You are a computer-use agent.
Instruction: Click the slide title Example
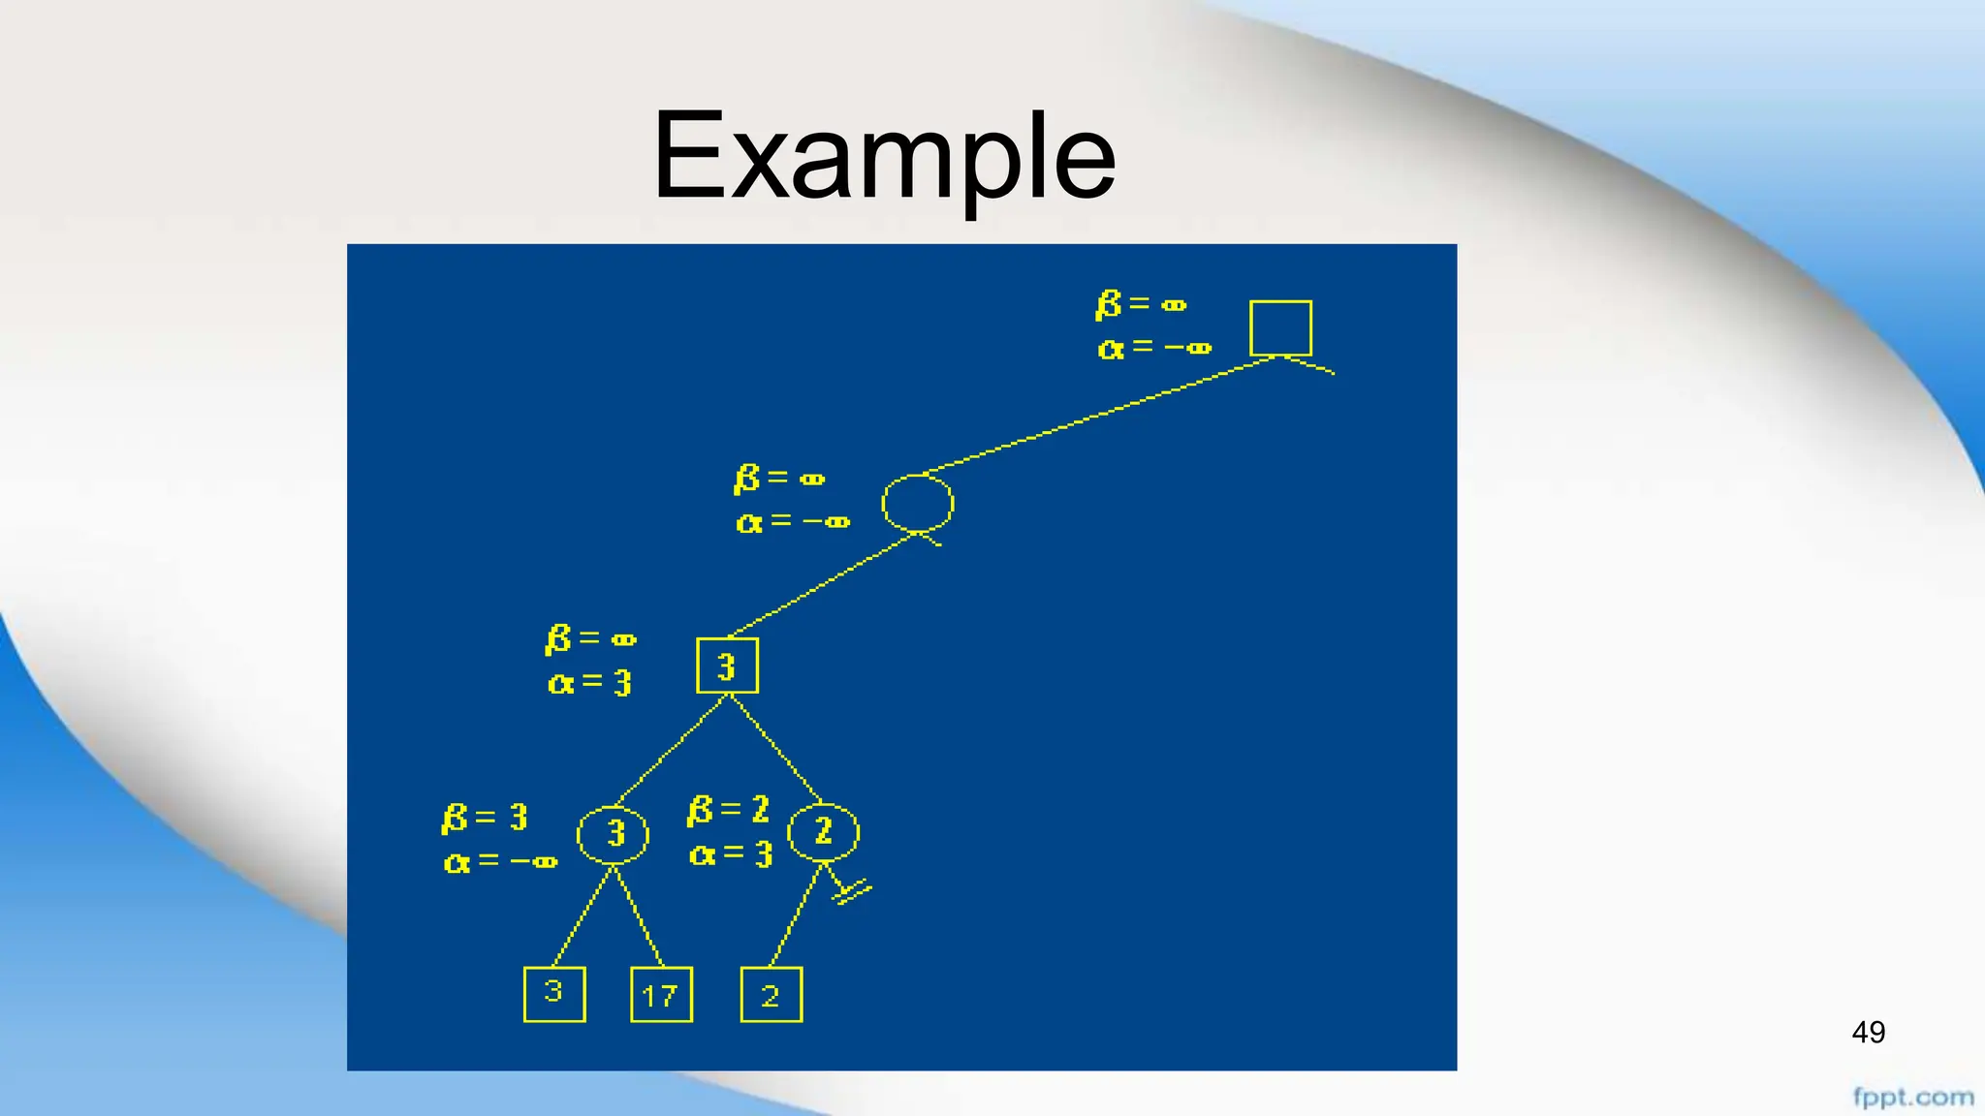click(884, 157)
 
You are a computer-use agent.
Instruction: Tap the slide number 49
click(1868, 1032)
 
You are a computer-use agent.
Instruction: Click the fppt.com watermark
click(1912, 1098)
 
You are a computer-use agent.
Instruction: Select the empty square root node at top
click(1280, 328)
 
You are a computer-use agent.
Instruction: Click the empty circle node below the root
click(917, 504)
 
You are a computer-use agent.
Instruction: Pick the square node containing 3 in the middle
click(727, 666)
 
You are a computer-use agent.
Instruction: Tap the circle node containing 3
click(613, 834)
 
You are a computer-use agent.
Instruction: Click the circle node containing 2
click(823, 831)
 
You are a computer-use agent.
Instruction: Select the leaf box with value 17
click(661, 994)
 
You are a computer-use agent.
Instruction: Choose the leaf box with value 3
click(554, 994)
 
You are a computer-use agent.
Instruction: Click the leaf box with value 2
click(771, 994)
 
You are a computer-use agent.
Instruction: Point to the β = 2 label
click(728, 810)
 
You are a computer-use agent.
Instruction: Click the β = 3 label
click(485, 819)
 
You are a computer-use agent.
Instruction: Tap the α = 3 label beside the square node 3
click(589, 683)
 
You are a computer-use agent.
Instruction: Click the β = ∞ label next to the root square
click(1141, 305)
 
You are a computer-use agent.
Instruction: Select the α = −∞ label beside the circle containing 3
click(500, 861)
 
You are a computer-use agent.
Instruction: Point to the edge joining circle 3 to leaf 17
click(640, 917)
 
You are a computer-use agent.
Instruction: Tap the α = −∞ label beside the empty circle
click(793, 523)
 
